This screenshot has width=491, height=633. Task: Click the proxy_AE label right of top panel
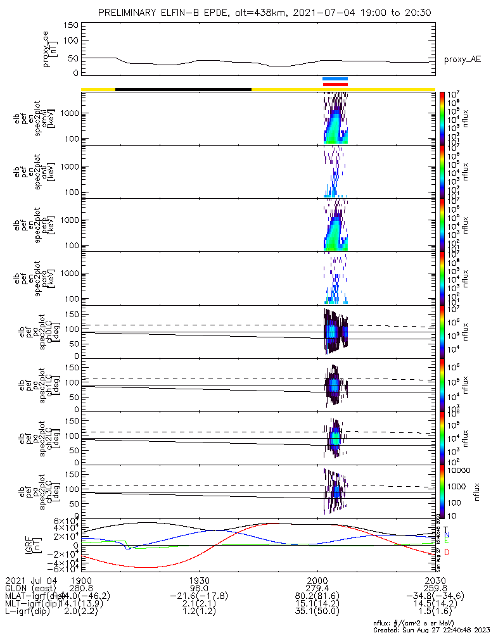[x=462, y=60]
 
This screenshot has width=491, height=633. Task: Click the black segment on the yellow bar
[x=183, y=89]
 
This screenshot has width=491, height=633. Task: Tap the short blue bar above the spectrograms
[x=335, y=78]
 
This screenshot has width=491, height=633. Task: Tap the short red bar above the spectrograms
[x=335, y=84]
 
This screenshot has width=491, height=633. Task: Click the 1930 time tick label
[x=200, y=580]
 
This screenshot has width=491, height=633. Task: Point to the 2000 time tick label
[x=317, y=580]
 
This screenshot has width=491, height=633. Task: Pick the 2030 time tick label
[x=435, y=580]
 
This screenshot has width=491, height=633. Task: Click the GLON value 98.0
[x=200, y=588]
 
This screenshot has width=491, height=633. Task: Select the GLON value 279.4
[x=317, y=588]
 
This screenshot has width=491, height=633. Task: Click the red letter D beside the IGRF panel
[x=447, y=553]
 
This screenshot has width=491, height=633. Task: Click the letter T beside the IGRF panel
[x=447, y=529]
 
